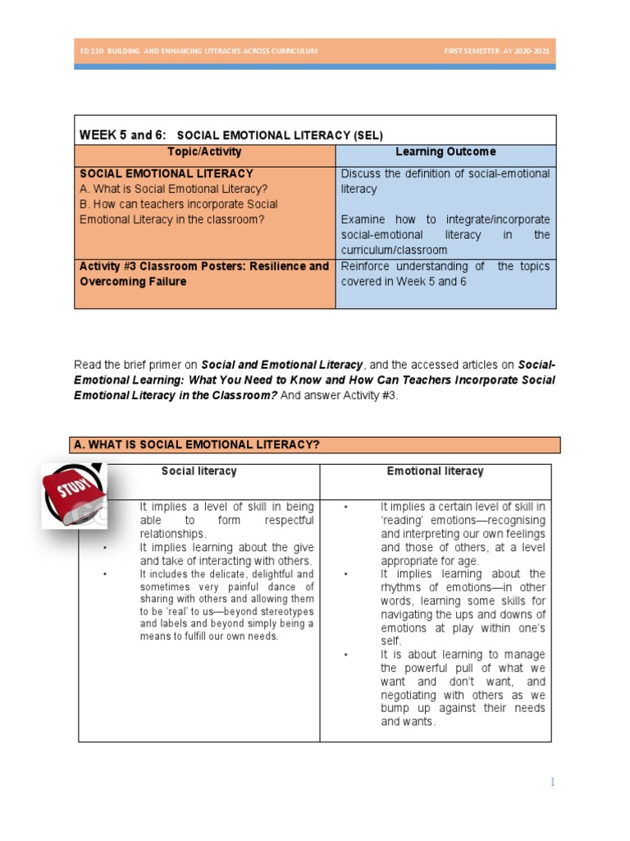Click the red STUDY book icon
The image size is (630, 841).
(72, 495)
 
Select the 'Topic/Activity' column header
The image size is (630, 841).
(204, 153)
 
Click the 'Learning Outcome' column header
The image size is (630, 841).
(445, 153)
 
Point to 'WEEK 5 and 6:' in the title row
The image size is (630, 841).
(122, 135)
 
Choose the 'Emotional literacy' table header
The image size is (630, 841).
(435, 471)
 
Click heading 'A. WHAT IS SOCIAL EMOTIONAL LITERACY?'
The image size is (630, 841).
(197, 445)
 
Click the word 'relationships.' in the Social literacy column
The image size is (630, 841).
(173, 534)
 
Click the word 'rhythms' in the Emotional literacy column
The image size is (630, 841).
(402, 586)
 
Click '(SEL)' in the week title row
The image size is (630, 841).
(367, 135)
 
